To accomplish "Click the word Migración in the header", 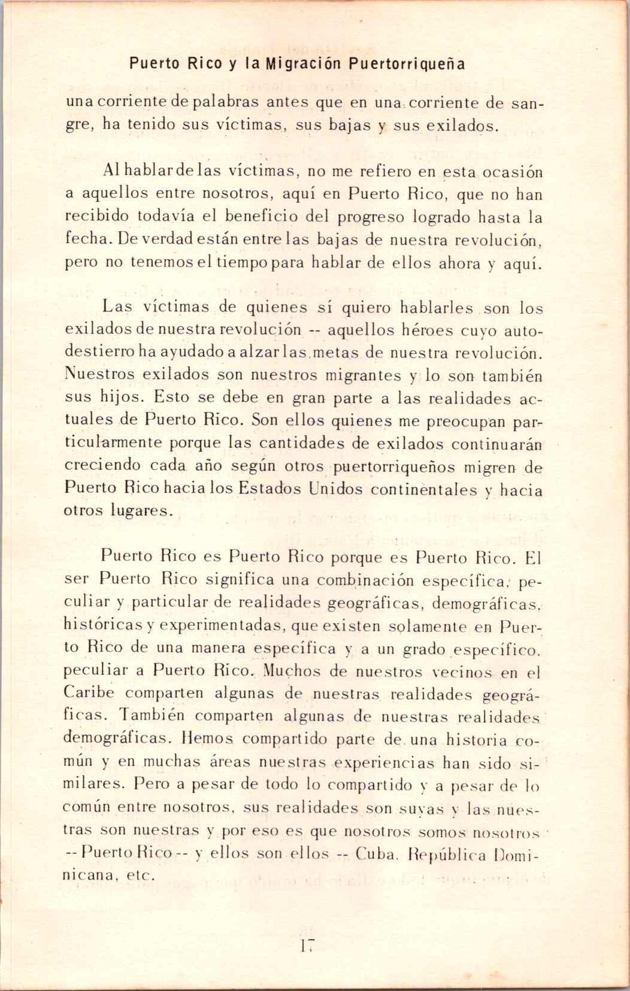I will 307,63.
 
